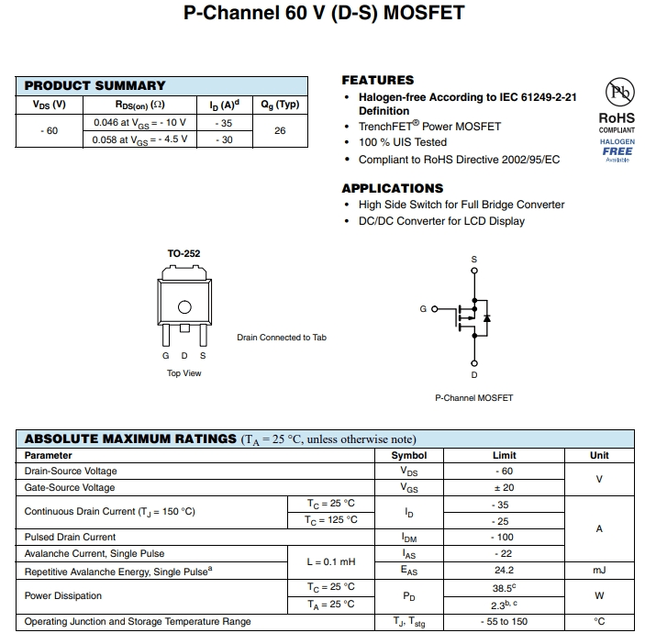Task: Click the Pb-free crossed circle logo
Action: pos(617,93)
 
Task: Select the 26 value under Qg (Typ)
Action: pos(280,130)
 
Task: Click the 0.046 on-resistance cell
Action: pos(139,122)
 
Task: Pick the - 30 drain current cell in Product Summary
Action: pos(223,139)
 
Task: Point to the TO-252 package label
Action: pos(183,253)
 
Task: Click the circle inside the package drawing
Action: pos(183,307)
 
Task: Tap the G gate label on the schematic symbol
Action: pos(423,309)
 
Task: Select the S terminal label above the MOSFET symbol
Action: pos(474,260)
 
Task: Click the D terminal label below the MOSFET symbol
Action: pos(474,374)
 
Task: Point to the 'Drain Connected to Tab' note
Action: pos(282,338)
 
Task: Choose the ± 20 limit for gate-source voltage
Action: pos(504,487)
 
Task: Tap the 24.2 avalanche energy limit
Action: pos(504,570)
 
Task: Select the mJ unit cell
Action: pos(599,570)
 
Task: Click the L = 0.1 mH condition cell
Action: pos(330,561)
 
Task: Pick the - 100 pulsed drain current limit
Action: pos(504,537)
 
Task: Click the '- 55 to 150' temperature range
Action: pos(504,621)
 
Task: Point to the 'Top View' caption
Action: pos(183,373)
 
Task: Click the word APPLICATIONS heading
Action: pos(392,188)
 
